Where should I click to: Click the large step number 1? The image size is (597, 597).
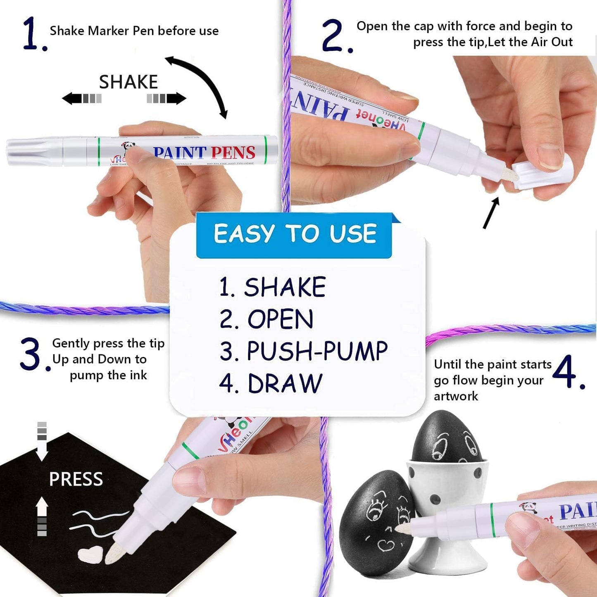pos(31,34)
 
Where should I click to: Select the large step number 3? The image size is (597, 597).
pos(31,354)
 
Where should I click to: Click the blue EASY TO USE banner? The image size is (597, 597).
pos(294,234)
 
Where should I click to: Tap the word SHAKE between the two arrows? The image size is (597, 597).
pos(128,82)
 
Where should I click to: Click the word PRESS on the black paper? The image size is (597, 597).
pos(76,479)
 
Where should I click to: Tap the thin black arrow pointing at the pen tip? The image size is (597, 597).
pos(491,213)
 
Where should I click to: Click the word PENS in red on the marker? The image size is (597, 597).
pos(233,153)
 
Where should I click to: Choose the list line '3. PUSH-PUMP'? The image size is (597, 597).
pos(303,352)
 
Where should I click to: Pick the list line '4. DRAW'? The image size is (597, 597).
pos(271,383)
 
